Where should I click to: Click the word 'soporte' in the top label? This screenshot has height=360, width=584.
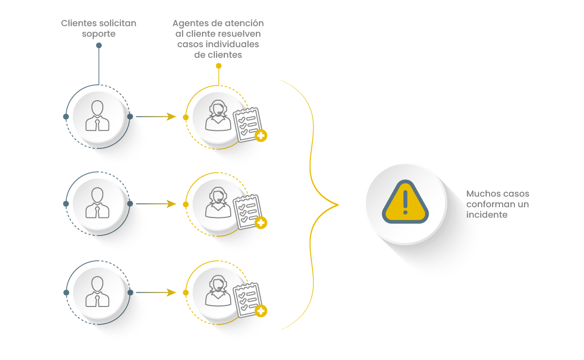99,34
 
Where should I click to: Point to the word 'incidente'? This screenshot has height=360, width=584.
487,215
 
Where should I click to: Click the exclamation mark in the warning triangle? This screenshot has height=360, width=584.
405,202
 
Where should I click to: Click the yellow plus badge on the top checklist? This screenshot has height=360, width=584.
261,135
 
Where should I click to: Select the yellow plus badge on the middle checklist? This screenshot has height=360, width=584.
261,223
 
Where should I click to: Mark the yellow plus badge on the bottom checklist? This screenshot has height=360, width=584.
261,311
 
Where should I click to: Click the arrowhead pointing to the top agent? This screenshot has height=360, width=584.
171,117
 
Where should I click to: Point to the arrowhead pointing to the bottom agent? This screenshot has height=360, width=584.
171,292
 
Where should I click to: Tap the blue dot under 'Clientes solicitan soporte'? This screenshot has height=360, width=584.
99,46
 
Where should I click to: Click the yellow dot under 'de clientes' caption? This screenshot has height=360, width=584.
219,66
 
